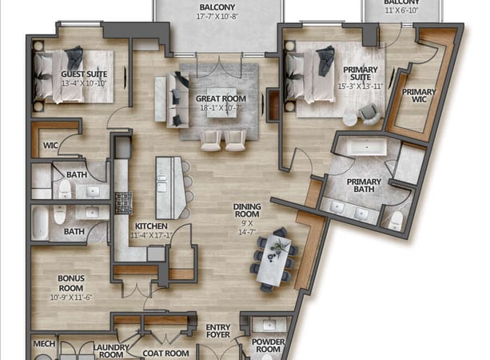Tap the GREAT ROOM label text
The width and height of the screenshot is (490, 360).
221,99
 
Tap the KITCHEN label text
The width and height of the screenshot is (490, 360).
150,226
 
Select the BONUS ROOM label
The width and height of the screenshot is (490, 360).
70,281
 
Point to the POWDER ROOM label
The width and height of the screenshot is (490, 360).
268,344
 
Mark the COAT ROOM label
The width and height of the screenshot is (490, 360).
165,353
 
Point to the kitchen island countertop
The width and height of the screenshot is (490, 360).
170,186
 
